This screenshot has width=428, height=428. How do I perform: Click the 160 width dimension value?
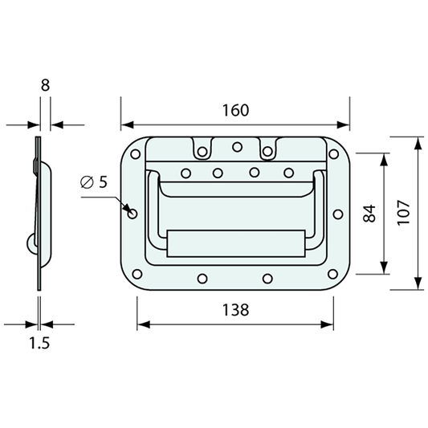[x=235, y=110]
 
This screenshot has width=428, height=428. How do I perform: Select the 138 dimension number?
[x=235, y=310]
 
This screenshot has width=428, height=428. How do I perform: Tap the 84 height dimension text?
[x=369, y=214]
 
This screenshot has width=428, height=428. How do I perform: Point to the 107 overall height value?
[x=403, y=213]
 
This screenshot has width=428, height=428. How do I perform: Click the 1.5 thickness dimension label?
[x=39, y=343]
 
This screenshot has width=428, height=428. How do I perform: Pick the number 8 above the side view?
[x=45, y=85]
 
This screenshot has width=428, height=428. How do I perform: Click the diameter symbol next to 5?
[x=87, y=182]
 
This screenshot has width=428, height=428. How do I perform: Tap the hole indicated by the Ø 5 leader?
[x=132, y=214]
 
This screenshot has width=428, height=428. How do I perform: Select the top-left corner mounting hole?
[x=136, y=154]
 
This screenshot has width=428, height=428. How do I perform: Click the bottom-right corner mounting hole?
[x=332, y=274]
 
